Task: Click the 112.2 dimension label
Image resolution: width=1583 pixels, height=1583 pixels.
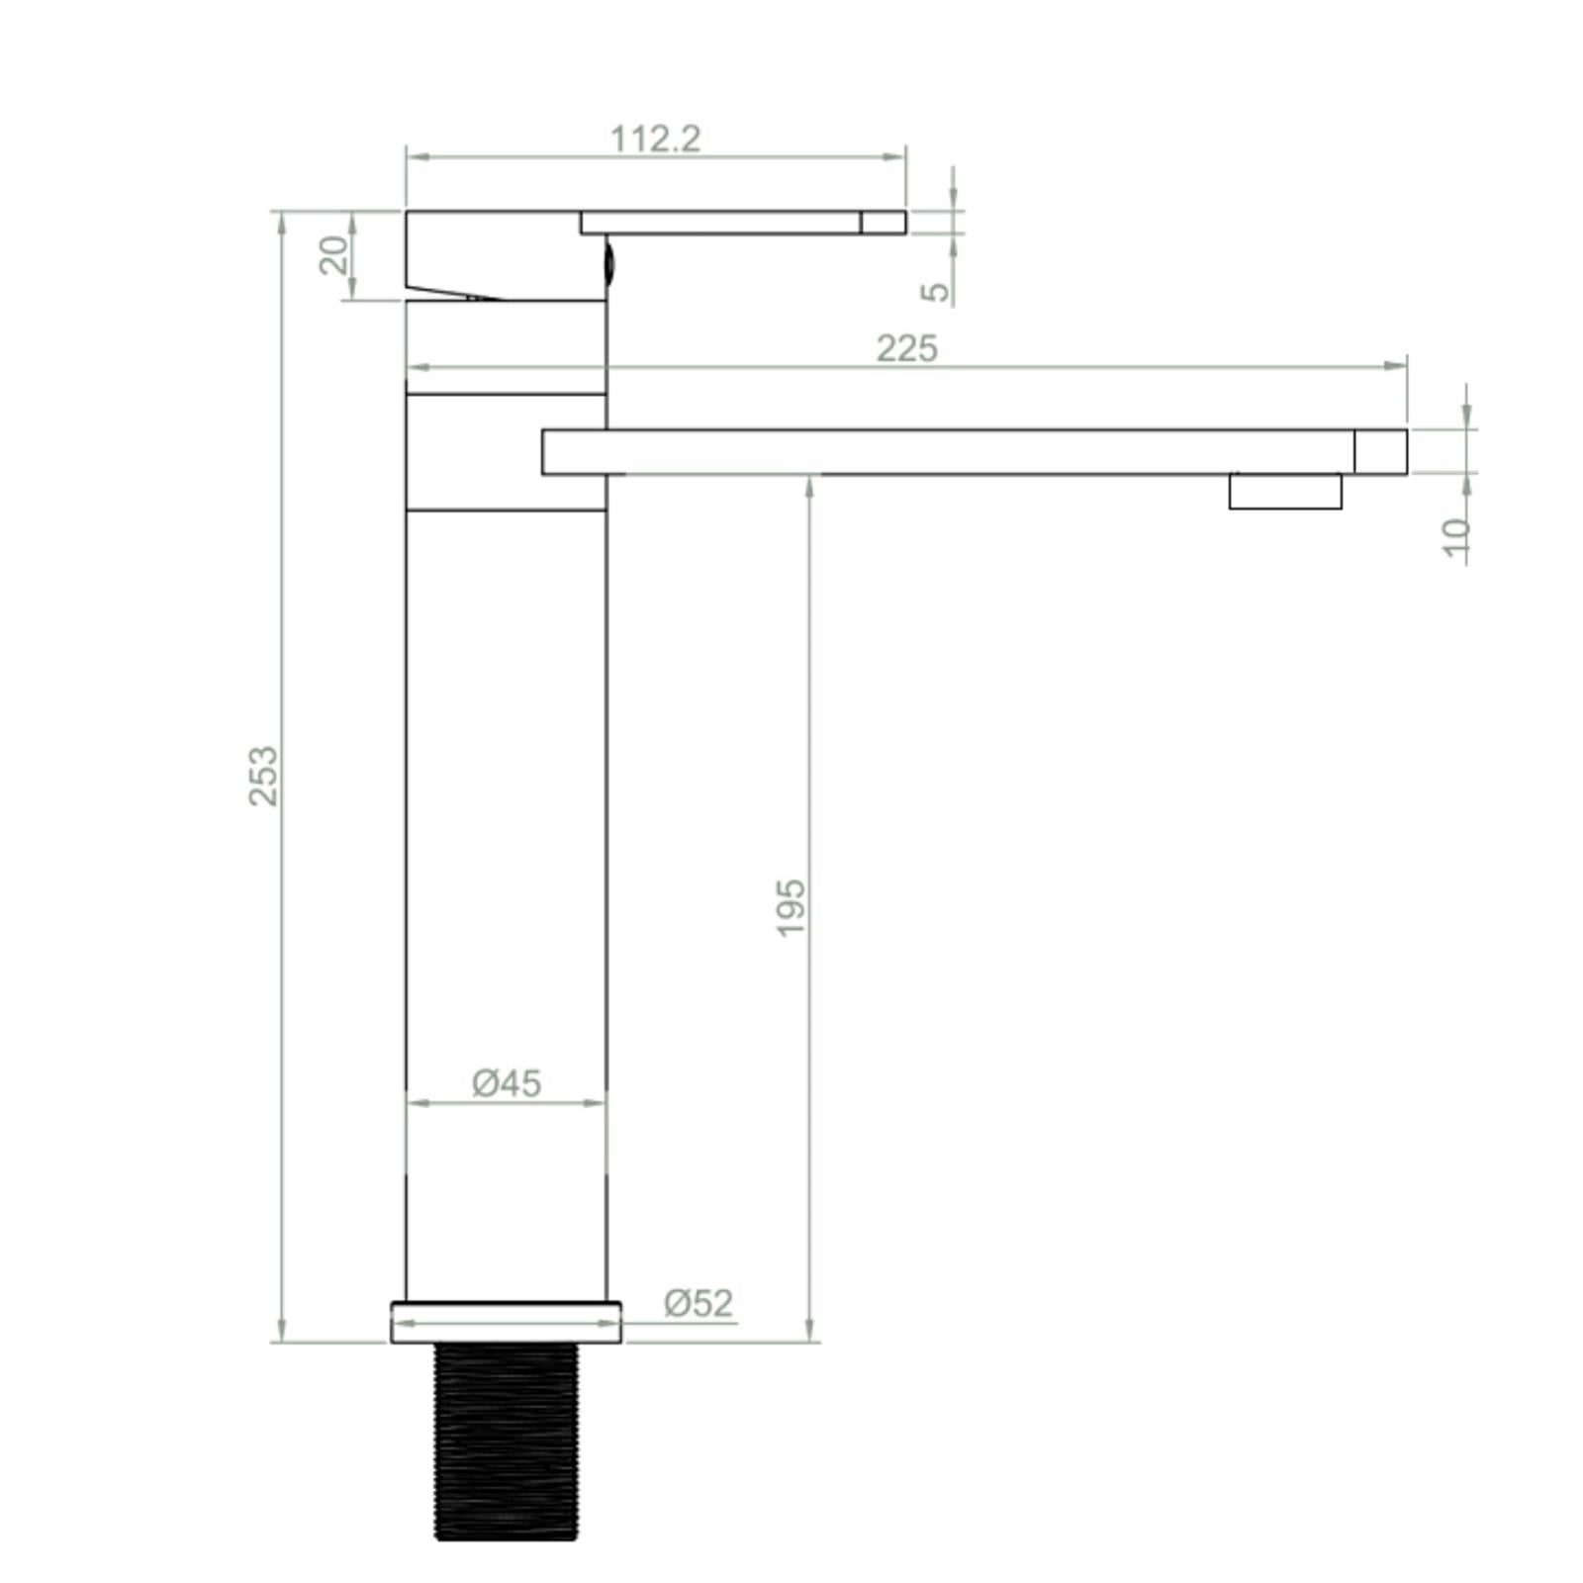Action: click(655, 139)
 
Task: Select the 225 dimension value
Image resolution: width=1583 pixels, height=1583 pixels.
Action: click(906, 348)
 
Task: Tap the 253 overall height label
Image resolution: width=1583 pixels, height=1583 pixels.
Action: click(263, 776)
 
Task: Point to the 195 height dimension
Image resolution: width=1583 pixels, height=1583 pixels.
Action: click(791, 906)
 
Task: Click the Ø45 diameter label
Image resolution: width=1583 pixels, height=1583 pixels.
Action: click(507, 1083)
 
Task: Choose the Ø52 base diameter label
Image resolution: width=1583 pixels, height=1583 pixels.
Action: click(698, 1303)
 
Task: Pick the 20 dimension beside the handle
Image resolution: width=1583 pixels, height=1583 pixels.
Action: click(334, 255)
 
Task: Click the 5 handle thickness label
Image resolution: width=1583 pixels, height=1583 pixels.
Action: click(935, 292)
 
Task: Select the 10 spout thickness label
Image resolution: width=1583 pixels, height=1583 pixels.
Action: click(1455, 537)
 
